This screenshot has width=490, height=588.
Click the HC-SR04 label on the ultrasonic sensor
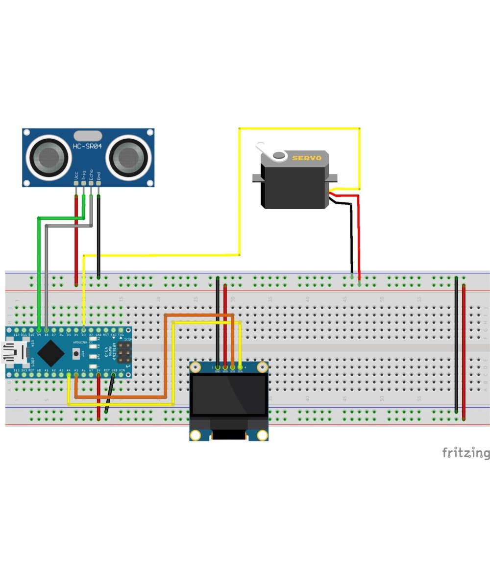(87, 147)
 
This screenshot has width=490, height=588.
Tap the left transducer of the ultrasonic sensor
(49, 157)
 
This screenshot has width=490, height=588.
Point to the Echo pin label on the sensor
(91, 175)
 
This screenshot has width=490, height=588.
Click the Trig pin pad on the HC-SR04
(83, 183)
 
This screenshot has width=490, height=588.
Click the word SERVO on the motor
(307, 158)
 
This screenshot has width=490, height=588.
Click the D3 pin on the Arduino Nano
(84, 330)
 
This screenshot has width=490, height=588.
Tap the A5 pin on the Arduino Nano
(76, 375)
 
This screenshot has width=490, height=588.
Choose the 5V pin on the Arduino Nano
(98, 375)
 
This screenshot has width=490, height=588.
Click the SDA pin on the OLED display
(240, 367)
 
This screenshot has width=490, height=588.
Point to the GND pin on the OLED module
(218, 367)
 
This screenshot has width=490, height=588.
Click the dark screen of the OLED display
(229, 395)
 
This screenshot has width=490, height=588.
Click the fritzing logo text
(465, 453)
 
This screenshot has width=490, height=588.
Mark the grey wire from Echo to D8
(46, 274)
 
